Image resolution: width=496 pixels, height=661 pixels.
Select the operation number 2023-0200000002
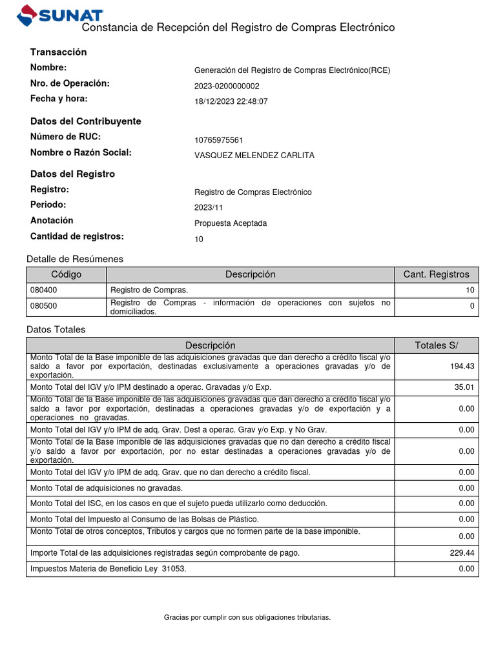pos(227,86)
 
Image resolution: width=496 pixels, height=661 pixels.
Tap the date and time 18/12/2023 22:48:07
pos(231,101)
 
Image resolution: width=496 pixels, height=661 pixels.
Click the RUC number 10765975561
pos(218,140)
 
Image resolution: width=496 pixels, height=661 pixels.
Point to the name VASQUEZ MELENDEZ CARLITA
pos(254,156)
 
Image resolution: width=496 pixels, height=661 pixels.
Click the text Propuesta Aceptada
pos(230,223)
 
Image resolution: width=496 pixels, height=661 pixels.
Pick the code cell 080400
pos(44,290)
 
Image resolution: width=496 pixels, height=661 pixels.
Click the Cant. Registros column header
pos(436,274)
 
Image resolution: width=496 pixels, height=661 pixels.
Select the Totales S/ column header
pos(436,345)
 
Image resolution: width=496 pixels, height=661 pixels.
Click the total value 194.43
pos(462,367)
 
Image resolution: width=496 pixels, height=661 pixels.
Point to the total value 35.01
pos(464,387)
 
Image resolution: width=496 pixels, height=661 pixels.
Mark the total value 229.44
pos(462,553)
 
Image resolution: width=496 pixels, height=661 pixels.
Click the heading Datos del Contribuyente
pos(85,121)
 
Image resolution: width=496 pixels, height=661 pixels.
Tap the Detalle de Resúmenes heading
pos(74,259)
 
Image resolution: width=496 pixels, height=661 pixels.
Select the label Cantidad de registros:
pos(76,236)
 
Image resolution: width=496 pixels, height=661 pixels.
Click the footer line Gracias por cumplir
pos(247,618)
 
